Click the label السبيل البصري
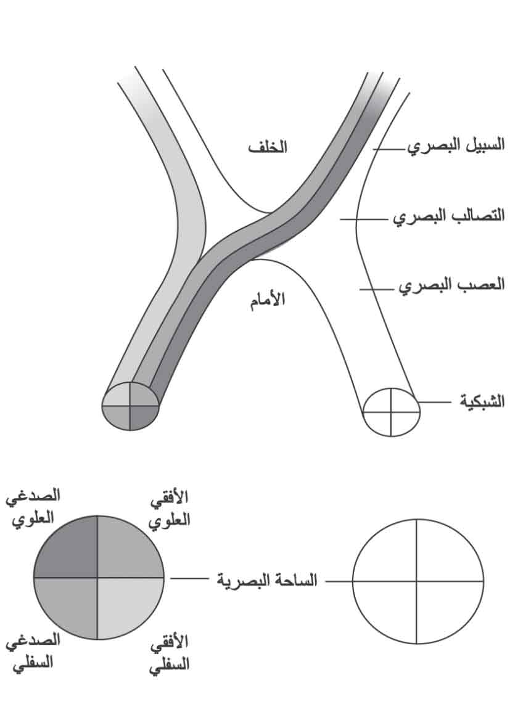point(456,146)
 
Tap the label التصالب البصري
point(449,216)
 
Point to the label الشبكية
point(482,401)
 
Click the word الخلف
point(268,147)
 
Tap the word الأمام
point(268,300)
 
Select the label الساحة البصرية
point(267,580)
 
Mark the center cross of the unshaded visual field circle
point(417,581)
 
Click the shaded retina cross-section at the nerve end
point(131,406)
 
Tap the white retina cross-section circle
point(391,411)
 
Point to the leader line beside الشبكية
point(434,402)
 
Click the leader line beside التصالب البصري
point(366,219)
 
